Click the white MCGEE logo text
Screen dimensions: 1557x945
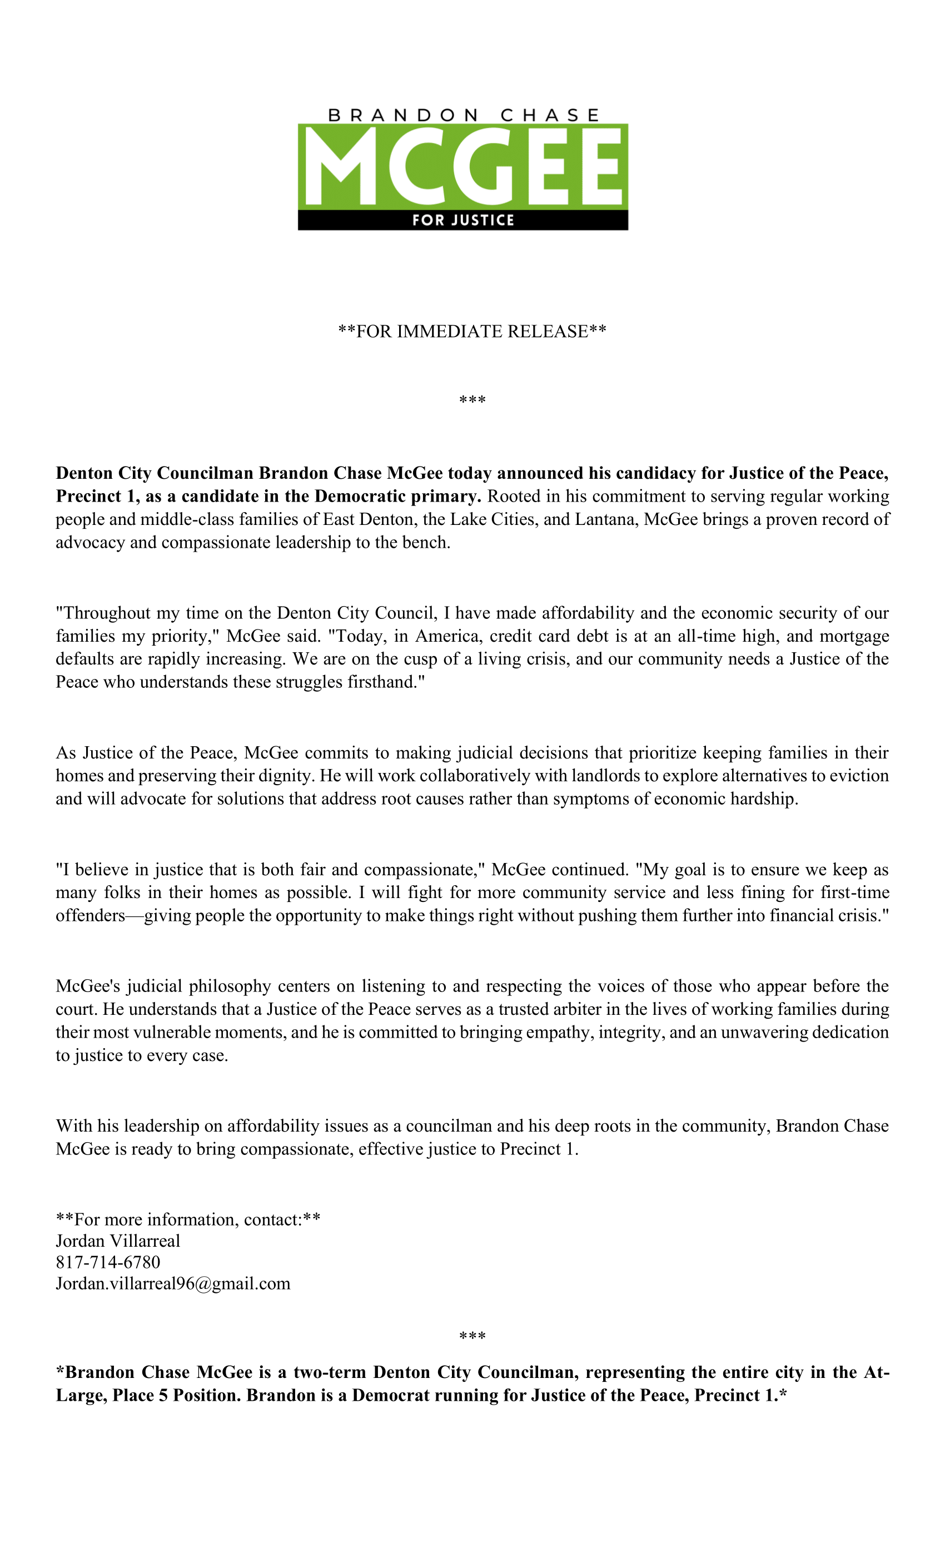pos(463,166)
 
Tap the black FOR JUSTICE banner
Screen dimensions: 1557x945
pos(463,220)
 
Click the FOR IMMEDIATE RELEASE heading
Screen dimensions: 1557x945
pos(472,331)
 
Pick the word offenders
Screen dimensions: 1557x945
pos(90,916)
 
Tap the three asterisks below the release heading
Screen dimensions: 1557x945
pos(472,400)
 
